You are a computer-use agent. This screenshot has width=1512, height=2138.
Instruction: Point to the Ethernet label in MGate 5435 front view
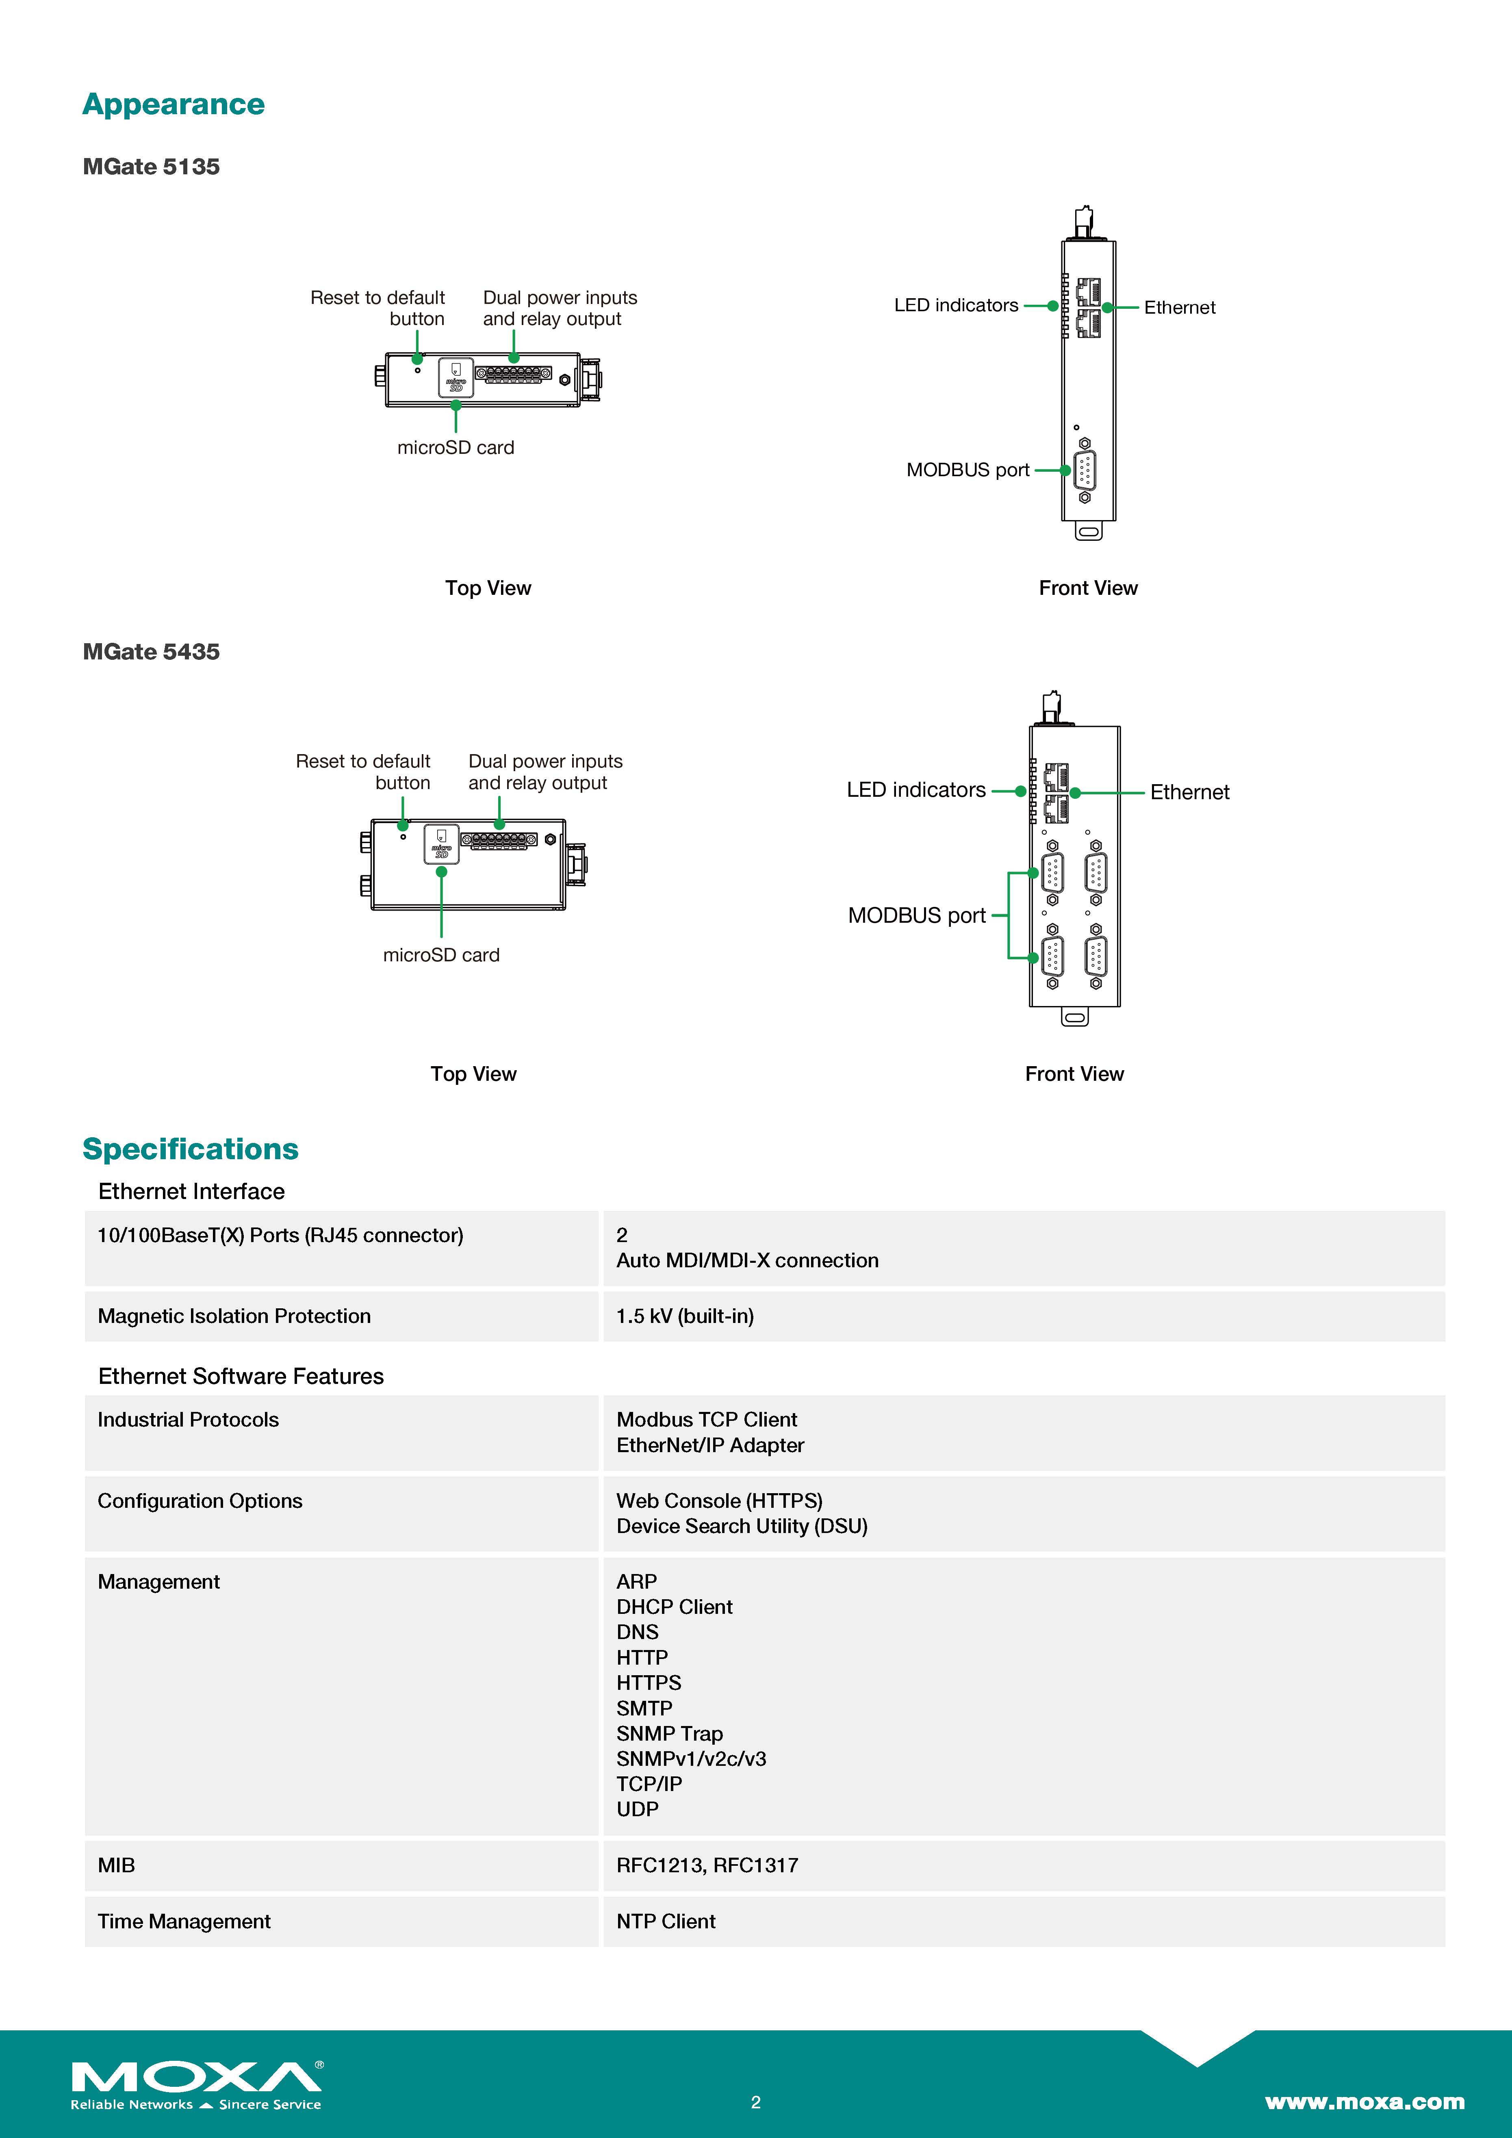coord(1189,792)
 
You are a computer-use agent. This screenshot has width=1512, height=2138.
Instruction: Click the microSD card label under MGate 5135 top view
coord(455,448)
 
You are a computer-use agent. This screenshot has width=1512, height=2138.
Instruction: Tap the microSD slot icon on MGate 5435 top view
coord(441,843)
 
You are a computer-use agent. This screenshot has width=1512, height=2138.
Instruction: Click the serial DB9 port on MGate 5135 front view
coord(1085,470)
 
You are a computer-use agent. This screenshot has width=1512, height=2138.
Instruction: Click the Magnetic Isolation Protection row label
coord(234,1316)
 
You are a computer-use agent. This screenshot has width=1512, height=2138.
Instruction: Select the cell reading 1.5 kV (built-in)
coord(684,1316)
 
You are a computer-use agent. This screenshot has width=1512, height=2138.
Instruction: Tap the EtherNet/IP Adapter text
coord(709,1445)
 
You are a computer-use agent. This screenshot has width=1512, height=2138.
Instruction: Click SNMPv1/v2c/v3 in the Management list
coord(691,1759)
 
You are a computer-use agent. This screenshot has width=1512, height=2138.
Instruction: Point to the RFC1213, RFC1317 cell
coord(707,1865)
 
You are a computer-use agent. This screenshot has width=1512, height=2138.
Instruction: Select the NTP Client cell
coord(666,1921)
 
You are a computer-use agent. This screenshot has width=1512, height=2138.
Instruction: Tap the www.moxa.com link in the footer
coord(1364,2102)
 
